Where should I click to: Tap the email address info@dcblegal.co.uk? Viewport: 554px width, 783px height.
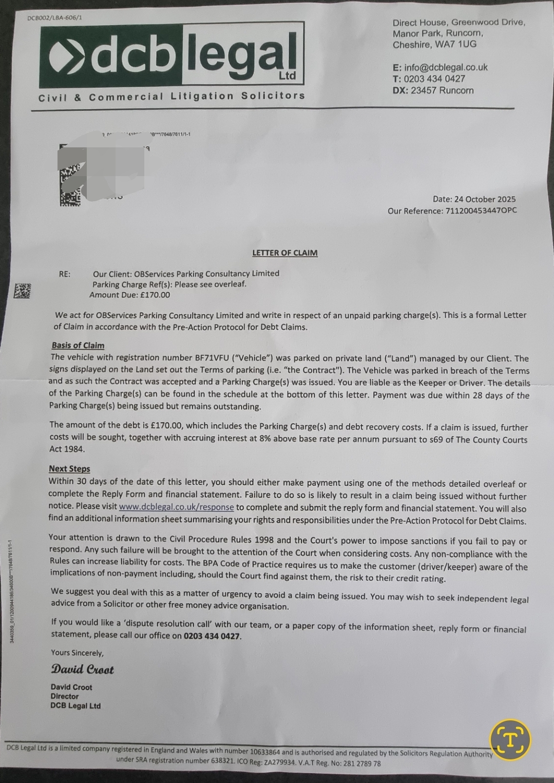click(x=446, y=67)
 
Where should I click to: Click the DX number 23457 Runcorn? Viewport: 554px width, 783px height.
click(x=442, y=90)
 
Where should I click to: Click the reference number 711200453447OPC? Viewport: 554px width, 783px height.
click(x=481, y=211)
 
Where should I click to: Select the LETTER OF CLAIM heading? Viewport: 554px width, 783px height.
click(x=285, y=253)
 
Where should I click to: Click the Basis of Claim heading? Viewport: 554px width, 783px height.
click(x=78, y=346)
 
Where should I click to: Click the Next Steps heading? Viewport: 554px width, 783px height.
click(x=69, y=469)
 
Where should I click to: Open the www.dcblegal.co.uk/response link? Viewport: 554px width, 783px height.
click(x=176, y=507)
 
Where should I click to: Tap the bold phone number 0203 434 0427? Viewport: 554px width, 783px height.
click(x=212, y=636)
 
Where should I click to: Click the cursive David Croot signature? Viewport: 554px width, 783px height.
click(x=82, y=670)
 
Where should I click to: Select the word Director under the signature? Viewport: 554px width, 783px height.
click(x=65, y=696)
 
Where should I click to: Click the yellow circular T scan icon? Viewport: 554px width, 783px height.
click(x=510, y=739)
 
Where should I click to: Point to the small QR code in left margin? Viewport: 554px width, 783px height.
click(x=22, y=291)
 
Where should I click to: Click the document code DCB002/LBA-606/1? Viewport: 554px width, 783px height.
click(x=54, y=18)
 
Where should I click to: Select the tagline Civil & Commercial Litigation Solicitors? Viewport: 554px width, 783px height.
click(x=171, y=97)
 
